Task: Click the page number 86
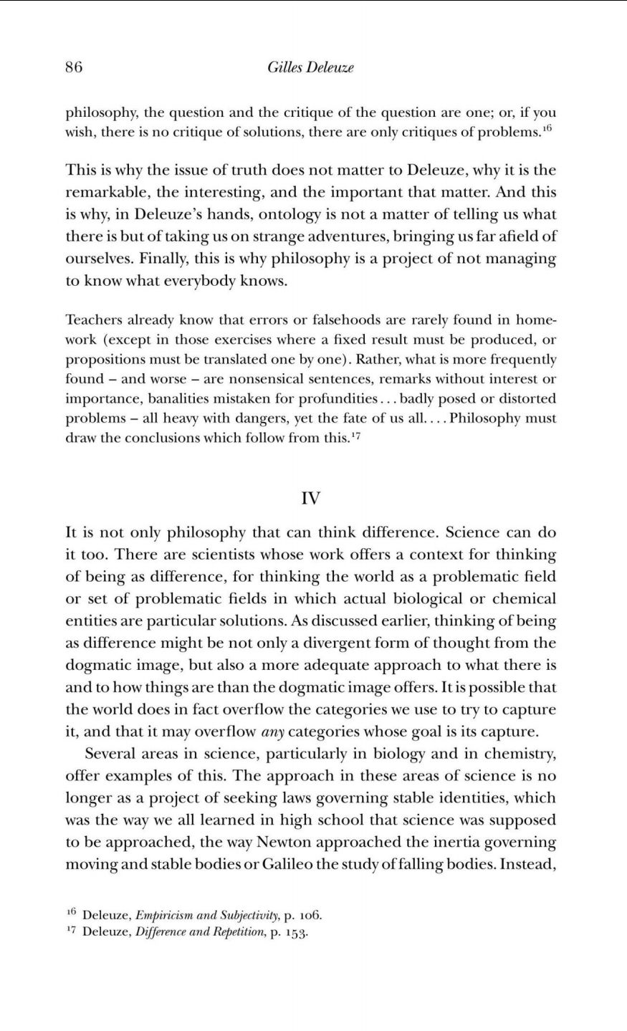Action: click(x=74, y=67)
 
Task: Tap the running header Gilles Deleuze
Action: click(x=310, y=67)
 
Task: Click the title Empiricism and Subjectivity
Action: click(x=201, y=915)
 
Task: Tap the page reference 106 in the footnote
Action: click(x=309, y=915)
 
